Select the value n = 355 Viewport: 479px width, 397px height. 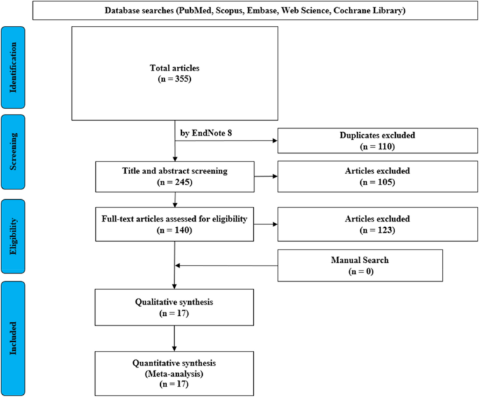[x=175, y=79]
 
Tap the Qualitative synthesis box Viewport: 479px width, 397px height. [x=175, y=309]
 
